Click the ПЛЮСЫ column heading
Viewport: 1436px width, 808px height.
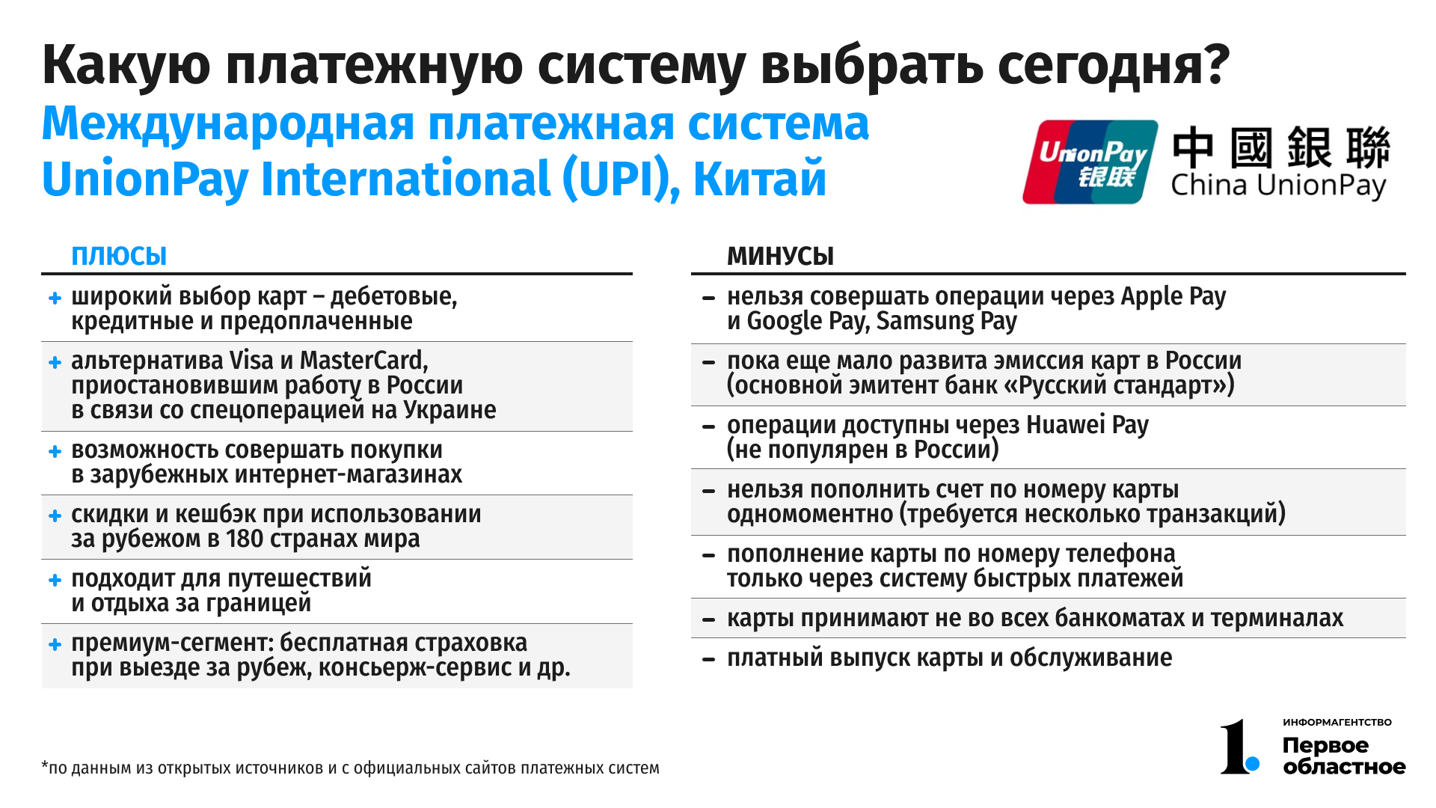click(119, 257)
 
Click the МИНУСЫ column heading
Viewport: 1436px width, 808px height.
click(780, 257)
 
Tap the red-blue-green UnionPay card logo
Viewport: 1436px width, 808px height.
click(1090, 162)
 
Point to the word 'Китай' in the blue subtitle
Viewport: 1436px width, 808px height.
click(760, 179)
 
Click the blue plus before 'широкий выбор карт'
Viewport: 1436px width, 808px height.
click(55, 298)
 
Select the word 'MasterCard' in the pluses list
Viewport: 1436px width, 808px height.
click(363, 361)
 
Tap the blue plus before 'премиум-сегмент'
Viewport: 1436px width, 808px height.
click(55, 644)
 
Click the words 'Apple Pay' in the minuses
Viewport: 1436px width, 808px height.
click(1173, 297)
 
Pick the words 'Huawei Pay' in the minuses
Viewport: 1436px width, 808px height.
click(1087, 425)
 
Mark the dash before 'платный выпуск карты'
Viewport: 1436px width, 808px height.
click(709, 659)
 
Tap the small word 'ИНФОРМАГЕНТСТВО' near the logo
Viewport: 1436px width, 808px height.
click(1337, 722)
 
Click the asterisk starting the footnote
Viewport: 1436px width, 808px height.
click(45, 765)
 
